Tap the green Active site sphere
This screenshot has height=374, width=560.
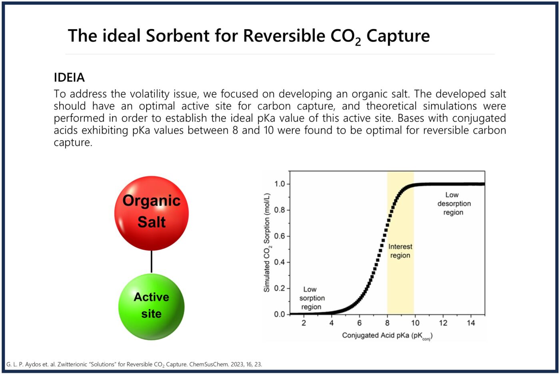pyautogui.click(x=151, y=307)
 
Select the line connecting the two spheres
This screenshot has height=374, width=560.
pyautogui.click(x=151, y=262)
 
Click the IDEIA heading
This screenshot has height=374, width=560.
pyautogui.click(x=69, y=77)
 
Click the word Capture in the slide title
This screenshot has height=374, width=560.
pyautogui.click(x=398, y=36)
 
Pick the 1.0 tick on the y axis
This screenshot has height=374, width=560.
pyautogui.click(x=280, y=184)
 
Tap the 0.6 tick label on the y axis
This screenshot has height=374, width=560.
pyautogui.click(x=280, y=236)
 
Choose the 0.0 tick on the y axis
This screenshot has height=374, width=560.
pyautogui.click(x=280, y=314)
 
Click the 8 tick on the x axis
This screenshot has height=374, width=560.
pyautogui.click(x=387, y=323)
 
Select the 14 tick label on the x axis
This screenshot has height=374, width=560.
pyautogui.click(x=471, y=323)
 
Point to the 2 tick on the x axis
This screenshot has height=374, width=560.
pyautogui.click(x=304, y=323)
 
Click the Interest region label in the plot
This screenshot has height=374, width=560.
pyautogui.click(x=400, y=251)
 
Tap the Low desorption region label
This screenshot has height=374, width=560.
pyautogui.click(x=453, y=204)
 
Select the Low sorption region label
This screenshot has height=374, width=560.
pyautogui.click(x=311, y=298)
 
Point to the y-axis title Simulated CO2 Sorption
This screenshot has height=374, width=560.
pyautogui.click(x=267, y=243)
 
